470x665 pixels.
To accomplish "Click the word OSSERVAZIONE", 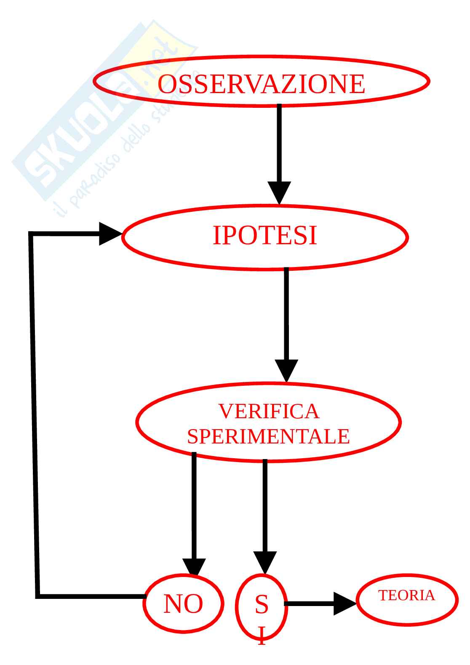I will coord(261,84).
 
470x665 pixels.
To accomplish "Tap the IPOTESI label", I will coord(264,235).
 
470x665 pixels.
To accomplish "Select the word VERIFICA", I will coord(269,411).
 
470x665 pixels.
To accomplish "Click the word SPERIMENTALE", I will coord(268,436).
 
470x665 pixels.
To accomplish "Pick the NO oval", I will coord(183,604).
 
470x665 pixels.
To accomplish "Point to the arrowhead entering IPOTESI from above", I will coord(279,193).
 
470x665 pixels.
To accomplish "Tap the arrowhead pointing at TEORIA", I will coord(344,604).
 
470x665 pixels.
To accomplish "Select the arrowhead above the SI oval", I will coord(265,562).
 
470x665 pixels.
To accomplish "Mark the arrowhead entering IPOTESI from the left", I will coord(109,233).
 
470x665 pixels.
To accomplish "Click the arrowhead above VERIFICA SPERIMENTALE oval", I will coord(286,370).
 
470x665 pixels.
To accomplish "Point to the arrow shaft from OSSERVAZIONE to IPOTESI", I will coord(279,143).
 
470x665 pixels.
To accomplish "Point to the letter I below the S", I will coord(262,635).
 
